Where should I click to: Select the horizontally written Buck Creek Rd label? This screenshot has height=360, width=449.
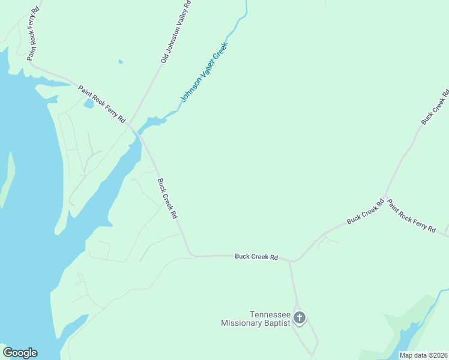(x=256, y=256)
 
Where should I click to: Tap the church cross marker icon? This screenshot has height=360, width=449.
(x=299, y=317)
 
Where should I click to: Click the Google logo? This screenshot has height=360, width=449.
(x=20, y=353)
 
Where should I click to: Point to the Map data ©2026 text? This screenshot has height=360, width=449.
(x=423, y=355)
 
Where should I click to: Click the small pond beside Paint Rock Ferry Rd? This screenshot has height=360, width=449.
(x=89, y=104)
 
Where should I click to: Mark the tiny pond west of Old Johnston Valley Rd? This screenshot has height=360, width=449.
(x=121, y=61)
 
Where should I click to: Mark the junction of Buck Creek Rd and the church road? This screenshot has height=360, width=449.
(x=290, y=261)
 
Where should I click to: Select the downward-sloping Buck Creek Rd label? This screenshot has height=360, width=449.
(x=167, y=198)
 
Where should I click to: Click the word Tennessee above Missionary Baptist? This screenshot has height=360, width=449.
(x=270, y=314)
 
